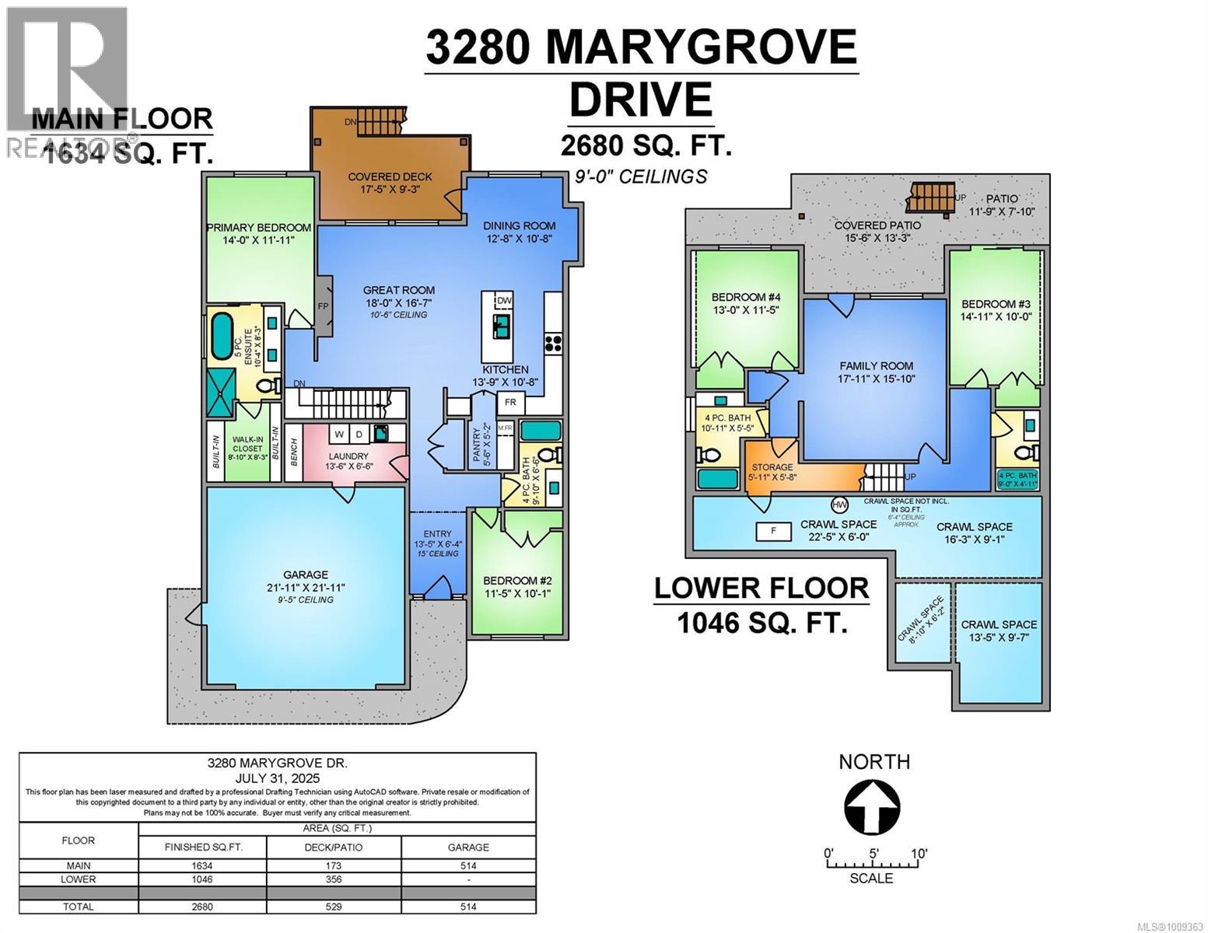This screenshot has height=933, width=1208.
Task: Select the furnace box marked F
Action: pyautogui.click(x=773, y=532)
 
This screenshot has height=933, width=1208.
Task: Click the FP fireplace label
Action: pyautogui.click(x=323, y=306)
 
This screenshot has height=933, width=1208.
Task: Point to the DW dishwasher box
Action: pyautogui.click(x=503, y=300)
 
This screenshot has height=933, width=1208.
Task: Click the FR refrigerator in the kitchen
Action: pyautogui.click(x=511, y=403)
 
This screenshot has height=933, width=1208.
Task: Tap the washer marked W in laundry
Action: pyautogui.click(x=340, y=433)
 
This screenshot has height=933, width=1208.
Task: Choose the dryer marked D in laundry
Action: pyautogui.click(x=359, y=433)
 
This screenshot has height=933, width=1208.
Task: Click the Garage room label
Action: pyautogui.click(x=306, y=575)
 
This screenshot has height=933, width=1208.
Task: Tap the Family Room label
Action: pyautogui.click(x=876, y=365)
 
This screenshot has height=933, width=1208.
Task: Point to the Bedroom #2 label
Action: pyautogui.click(x=517, y=580)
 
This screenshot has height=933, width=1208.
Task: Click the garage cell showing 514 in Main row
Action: pyautogui.click(x=468, y=865)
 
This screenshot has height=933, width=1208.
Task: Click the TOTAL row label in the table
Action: pyautogui.click(x=79, y=907)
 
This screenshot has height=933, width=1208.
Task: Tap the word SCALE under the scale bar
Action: pyautogui.click(x=871, y=878)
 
